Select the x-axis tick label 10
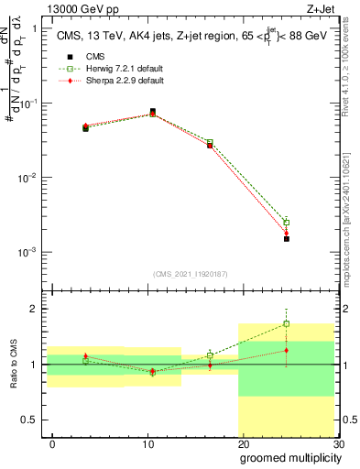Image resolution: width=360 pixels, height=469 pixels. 147,442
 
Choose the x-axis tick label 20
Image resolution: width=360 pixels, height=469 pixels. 243,442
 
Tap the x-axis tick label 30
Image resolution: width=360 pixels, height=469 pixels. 336,442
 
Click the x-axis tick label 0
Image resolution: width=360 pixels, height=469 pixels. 53,442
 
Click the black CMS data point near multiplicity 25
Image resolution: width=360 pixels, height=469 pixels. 287,238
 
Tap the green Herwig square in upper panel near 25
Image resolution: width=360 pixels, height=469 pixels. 287,222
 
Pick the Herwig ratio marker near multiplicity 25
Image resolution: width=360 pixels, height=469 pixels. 287,323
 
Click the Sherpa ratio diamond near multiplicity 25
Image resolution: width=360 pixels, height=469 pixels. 287,350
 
